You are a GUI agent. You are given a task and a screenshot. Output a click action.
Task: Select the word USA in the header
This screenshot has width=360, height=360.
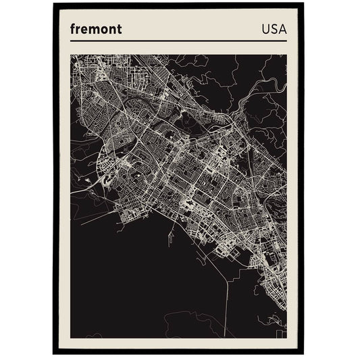pyautogui.click(x=272, y=30)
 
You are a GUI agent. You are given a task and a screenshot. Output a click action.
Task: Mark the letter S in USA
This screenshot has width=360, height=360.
pyautogui.click(x=272, y=30)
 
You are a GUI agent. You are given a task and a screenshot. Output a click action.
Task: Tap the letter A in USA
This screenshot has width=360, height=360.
pyautogui.click(x=282, y=30)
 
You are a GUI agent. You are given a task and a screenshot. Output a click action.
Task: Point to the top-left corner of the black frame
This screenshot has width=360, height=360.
pyautogui.click(x=54, y=5)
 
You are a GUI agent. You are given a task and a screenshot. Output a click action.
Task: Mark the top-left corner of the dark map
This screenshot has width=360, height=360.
pyautogui.click(x=71, y=55)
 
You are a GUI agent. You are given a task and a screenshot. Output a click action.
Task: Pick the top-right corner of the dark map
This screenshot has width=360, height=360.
pyautogui.click(x=286, y=55)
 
